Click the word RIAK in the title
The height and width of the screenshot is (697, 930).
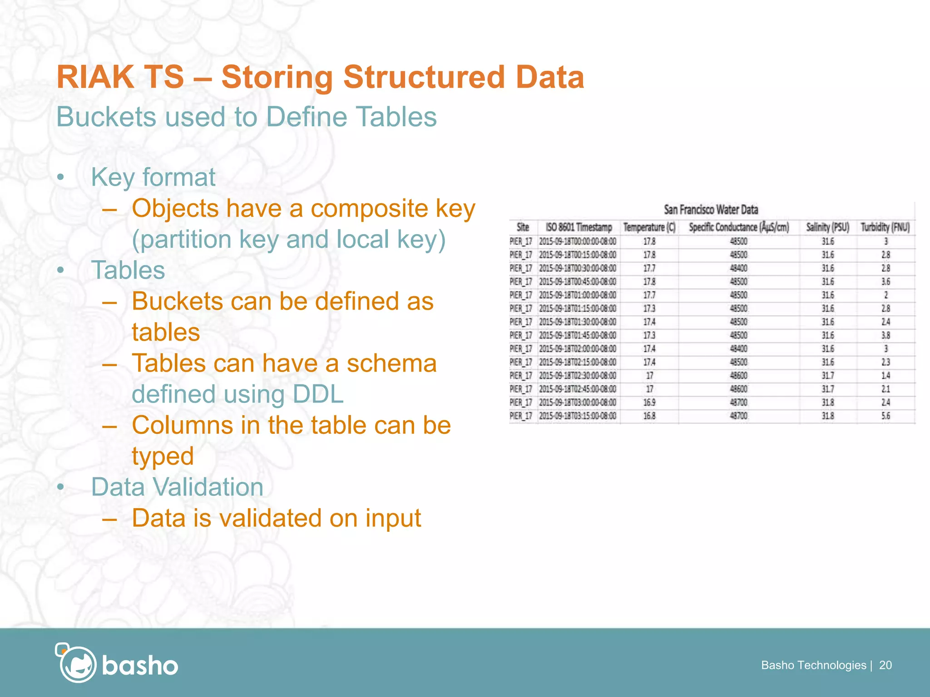94,77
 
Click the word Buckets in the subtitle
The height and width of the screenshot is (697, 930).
106,117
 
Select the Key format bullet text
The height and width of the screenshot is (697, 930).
153,177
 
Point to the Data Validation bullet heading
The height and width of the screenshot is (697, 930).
177,487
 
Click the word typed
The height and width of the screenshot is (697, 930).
163,456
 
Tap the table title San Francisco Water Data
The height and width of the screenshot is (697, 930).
711,210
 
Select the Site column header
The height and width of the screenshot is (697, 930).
523,227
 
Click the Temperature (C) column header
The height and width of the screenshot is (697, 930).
649,227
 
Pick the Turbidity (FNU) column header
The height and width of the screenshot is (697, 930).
885,227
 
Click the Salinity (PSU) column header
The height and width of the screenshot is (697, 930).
827,227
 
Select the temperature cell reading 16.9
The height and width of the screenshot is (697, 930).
649,402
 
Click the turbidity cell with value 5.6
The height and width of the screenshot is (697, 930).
885,416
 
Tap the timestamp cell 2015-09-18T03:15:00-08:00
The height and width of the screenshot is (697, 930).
578,416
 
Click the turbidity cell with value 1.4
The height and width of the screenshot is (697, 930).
885,376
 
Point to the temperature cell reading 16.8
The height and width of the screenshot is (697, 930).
649,416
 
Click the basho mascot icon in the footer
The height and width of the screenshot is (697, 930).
76,663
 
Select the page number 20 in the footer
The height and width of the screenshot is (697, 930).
885,665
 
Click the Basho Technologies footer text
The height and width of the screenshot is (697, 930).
813,665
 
